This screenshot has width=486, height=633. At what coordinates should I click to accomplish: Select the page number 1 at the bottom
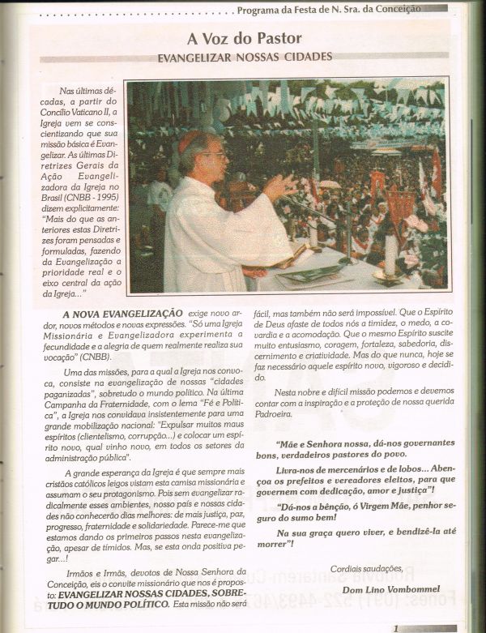click(x=395, y=627)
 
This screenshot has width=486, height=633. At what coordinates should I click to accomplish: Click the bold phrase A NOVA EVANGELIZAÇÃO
click(x=122, y=313)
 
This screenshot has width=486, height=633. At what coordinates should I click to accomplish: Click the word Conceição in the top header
click(x=420, y=9)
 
